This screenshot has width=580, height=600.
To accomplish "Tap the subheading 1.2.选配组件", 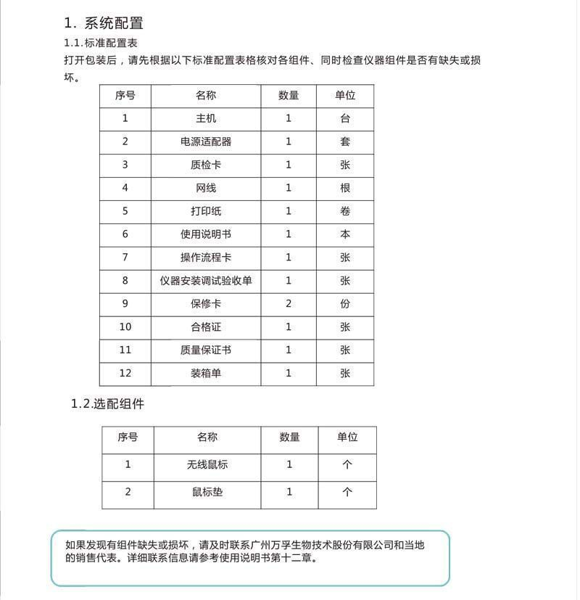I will coord(107,404).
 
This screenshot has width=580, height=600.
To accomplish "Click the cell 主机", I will coord(206,118).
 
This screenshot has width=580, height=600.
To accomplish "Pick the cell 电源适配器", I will coord(206,141).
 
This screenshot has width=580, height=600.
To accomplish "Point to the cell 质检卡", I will coord(206,165).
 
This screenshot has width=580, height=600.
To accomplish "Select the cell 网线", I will coord(206,188).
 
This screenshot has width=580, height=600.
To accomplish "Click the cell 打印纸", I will coord(206,211).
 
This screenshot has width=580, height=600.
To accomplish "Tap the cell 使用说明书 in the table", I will coord(206,234).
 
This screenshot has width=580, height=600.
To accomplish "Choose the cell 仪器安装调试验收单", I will coord(206,280).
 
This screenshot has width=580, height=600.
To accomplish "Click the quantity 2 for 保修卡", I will coord(289,303).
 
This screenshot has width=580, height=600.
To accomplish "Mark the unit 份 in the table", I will coord(345,303).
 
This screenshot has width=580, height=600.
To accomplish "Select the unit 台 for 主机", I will coord(345,118).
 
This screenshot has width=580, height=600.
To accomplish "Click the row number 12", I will coord(125,373).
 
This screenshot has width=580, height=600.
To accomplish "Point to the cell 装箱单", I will coord(206,373).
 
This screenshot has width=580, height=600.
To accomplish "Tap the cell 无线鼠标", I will coord(207,464).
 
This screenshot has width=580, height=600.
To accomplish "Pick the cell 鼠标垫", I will coord(207,492).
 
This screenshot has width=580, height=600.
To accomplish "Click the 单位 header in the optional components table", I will coord(347,437).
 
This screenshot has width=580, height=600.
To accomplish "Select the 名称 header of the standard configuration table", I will coord(206,95).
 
